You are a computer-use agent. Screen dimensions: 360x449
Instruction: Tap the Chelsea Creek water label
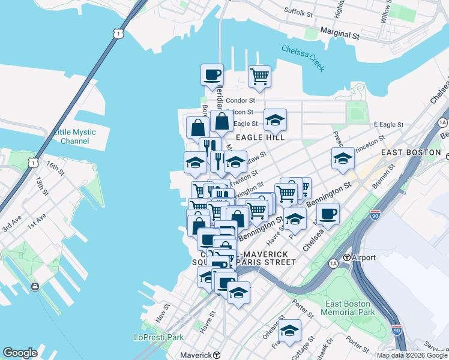(303, 59)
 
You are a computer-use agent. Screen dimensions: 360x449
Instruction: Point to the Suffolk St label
(300, 12)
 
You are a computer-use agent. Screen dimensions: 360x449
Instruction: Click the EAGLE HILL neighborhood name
(259, 137)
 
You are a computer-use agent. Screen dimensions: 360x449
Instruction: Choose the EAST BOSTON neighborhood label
(411, 152)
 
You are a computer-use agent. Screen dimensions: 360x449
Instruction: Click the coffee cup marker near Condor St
(212, 75)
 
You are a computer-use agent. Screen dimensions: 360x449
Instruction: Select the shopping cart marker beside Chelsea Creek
(259, 76)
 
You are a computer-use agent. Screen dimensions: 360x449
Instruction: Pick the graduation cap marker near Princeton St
(343, 158)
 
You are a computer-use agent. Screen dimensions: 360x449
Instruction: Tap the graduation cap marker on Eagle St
(275, 120)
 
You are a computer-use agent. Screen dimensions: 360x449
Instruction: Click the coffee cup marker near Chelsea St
(328, 214)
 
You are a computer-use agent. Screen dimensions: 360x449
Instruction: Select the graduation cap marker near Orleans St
(289, 331)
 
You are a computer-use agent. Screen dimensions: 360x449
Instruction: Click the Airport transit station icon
(346, 257)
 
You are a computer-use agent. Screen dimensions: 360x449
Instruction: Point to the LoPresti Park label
(158, 337)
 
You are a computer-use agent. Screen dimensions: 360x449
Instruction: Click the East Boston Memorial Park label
(348, 308)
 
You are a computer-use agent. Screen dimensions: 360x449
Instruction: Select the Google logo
(20, 353)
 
